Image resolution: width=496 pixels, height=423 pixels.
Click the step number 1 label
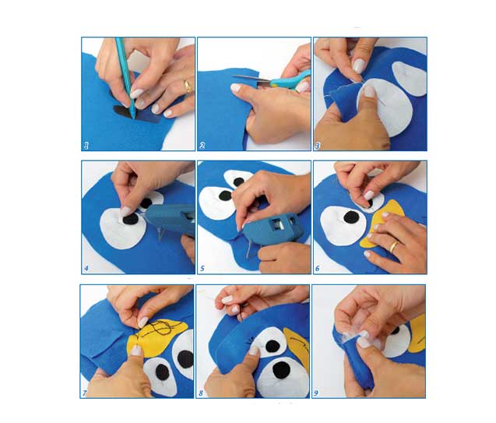pyautogui.click(x=86, y=146)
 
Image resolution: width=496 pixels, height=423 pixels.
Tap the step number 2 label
pyautogui.click(x=202, y=146)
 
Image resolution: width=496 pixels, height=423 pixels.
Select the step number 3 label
pyautogui.click(x=318, y=146)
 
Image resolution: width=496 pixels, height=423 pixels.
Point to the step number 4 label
pyautogui.click(x=86, y=269)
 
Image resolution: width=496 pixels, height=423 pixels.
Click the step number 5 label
pyautogui.click(x=202, y=269)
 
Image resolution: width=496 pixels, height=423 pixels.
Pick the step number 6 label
pyautogui.click(x=317, y=269)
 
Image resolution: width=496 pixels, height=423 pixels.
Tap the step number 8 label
pyautogui.click(x=201, y=393)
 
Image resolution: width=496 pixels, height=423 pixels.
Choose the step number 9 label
pyautogui.click(x=315, y=393)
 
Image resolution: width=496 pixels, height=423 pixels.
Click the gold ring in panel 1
pyautogui.click(x=188, y=86)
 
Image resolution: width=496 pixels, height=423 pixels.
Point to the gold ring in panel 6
pyautogui.click(x=393, y=246)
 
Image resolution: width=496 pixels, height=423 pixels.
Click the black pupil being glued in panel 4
pyautogui.click(x=130, y=219)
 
